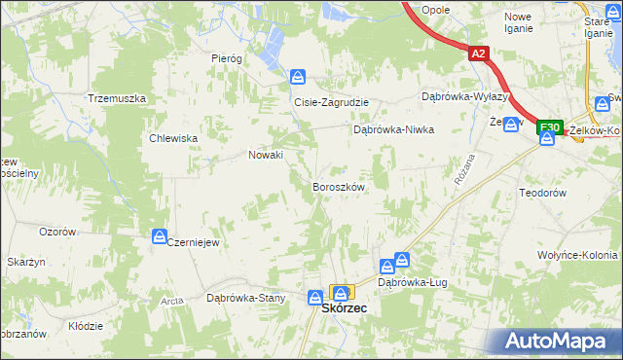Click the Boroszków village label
pos(338,186)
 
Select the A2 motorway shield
pos(477,55)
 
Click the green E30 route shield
pos(550,127)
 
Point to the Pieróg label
pos(227,58)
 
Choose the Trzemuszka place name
pos(117,99)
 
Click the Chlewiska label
pos(174,138)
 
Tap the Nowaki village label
pos(266,155)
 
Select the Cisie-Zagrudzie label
pos(326,101)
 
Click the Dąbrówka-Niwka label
pos(393,128)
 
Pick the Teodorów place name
pos(543,193)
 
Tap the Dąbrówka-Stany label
pos(245,298)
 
